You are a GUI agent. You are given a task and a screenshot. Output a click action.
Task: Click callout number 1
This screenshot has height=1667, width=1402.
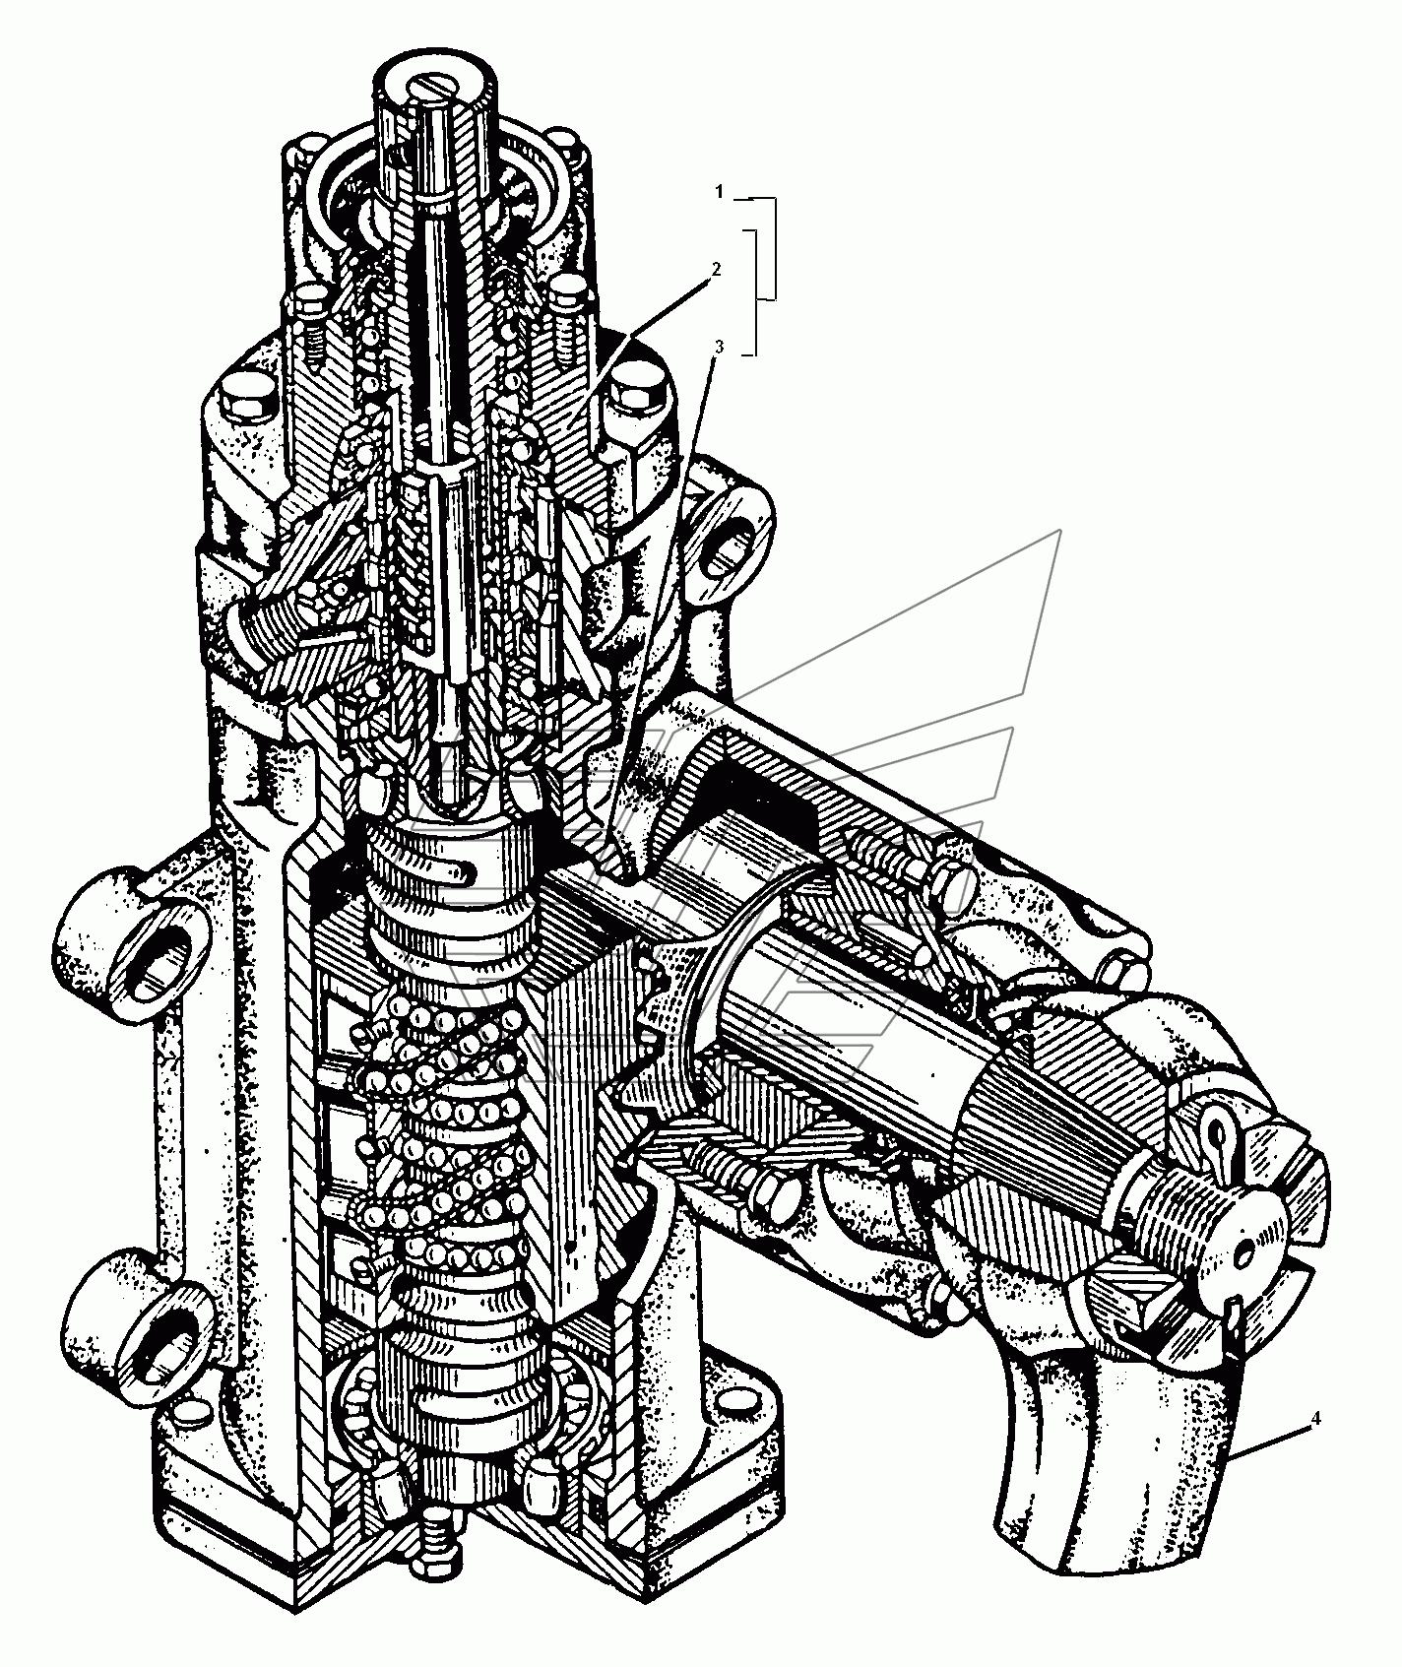pos(719,193)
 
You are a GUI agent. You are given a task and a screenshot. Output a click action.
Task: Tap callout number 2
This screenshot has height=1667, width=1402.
pos(718,268)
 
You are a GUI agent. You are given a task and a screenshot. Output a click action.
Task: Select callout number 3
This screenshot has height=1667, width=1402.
pos(719,347)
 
